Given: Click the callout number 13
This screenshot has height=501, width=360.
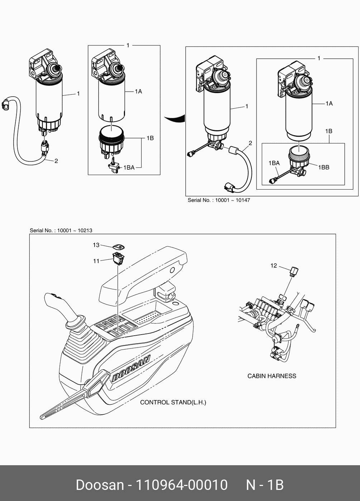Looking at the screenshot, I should [96, 245].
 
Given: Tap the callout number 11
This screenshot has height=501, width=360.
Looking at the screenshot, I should [96, 261].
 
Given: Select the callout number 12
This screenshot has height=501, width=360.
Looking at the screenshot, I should [274, 266].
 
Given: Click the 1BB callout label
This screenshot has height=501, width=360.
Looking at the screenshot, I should [323, 167].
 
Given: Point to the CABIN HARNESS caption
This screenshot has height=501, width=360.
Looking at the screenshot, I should [272, 376].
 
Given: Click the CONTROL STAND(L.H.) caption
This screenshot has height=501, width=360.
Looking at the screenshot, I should [173, 403].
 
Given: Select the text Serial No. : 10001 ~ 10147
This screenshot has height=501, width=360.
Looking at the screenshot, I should [219, 200].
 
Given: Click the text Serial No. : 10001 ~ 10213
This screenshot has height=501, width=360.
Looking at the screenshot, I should [61, 231].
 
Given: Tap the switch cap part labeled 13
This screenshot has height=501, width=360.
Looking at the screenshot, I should [119, 247].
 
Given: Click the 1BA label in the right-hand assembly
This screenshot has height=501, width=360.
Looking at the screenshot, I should [274, 163].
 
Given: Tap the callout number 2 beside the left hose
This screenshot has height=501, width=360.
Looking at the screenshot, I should [56, 161].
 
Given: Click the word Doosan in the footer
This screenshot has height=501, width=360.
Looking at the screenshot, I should [100, 485].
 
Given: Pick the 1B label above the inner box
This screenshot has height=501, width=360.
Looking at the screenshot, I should [328, 131].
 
